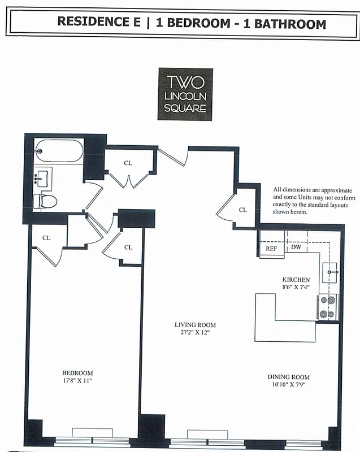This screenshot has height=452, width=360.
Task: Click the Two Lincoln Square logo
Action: [185, 94]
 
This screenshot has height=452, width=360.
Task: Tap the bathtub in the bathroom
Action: [58, 151]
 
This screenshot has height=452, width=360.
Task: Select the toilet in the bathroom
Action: [45, 200]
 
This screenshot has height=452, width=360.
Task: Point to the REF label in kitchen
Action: [271, 248]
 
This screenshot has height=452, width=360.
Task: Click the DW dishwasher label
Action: [296, 247]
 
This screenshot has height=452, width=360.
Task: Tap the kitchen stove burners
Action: [328, 307]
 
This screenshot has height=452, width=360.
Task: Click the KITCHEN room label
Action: [296, 280]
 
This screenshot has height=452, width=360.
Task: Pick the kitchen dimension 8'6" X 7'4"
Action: [296, 288]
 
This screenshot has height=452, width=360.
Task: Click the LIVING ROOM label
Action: [196, 325]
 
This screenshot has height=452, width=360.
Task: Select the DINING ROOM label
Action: [288, 377]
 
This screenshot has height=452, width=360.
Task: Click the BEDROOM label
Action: [77, 373]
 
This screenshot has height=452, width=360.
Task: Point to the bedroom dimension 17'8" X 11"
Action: [77, 381]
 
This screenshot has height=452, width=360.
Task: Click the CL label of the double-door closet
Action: [128, 163]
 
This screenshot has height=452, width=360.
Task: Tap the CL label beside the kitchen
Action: [243, 210]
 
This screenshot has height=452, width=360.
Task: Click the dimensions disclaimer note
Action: [314, 201]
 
